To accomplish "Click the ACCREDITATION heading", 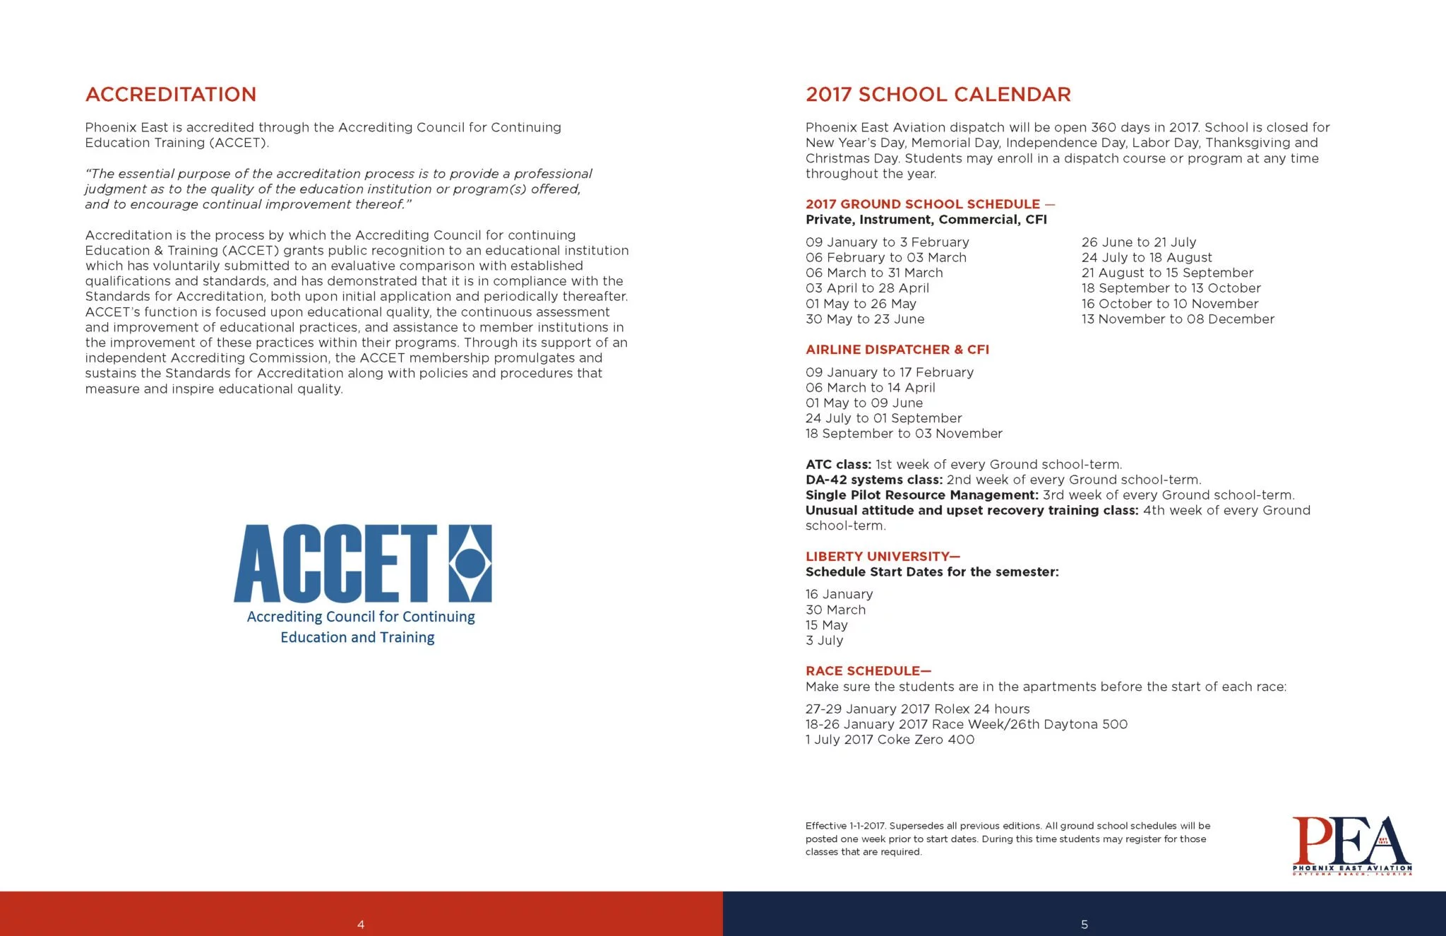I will (x=170, y=94).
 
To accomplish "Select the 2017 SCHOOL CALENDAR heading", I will (x=938, y=94).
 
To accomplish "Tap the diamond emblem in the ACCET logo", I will (x=470, y=563).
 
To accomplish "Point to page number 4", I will (x=361, y=924).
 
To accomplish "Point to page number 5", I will (x=1084, y=924).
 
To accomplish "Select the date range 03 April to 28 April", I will (x=867, y=288).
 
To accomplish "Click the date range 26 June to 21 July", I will (x=1138, y=242).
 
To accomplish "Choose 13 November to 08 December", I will (x=1178, y=319).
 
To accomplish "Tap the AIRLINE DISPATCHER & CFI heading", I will (x=897, y=350).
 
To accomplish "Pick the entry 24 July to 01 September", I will (x=883, y=418).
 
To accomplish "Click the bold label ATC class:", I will (x=838, y=465).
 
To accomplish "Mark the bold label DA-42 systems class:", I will (x=873, y=480).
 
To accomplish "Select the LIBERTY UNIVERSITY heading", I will (x=883, y=557).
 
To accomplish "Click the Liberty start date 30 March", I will (x=835, y=610).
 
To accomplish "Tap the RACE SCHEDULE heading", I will (x=868, y=671).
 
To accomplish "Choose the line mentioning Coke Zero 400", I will (x=890, y=740).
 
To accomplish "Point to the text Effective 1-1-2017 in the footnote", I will (x=845, y=826).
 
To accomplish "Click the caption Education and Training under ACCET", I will (x=357, y=637).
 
